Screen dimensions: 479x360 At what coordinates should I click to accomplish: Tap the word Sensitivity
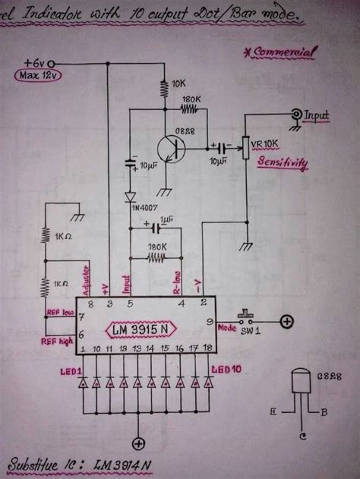pyautogui.click(x=283, y=162)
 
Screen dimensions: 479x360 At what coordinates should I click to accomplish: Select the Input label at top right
pyautogui.click(x=317, y=115)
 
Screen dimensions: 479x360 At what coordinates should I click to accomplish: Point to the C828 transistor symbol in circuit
pyautogui.click(x=177, y=150)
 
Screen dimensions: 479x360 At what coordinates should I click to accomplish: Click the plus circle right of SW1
pyautogui.click(x=286, y=321)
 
